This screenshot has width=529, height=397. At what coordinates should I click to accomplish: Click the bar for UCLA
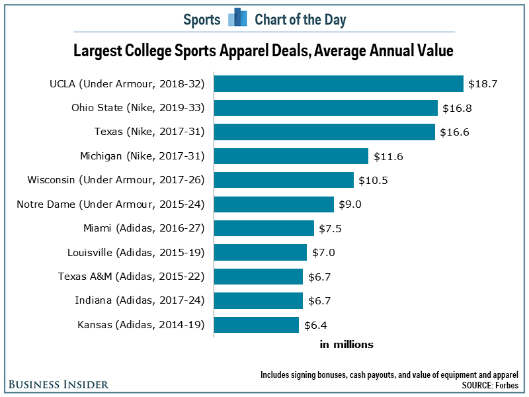(x=339, y=83)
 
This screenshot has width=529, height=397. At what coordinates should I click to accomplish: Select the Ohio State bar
(x=327, y=108)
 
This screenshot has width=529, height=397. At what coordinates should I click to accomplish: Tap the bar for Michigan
(x=292, y=156)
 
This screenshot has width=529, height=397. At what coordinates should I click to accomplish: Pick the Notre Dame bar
(x=274, y=204)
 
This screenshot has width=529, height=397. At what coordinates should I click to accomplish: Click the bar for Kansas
(x=257, y=325)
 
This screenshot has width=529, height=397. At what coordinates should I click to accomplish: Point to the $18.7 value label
(x=482, y=84)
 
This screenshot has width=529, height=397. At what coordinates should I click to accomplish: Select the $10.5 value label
(x=373, y=181)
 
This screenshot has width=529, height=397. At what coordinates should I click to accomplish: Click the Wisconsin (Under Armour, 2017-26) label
(x=116, y=180)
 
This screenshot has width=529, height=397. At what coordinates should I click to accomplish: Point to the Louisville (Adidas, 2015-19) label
(x=136, y=252)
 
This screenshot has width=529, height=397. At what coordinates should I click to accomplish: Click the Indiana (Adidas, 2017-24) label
(x=140, y=300)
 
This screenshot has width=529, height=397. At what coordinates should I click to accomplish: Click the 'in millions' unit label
(x=346, y=345)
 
